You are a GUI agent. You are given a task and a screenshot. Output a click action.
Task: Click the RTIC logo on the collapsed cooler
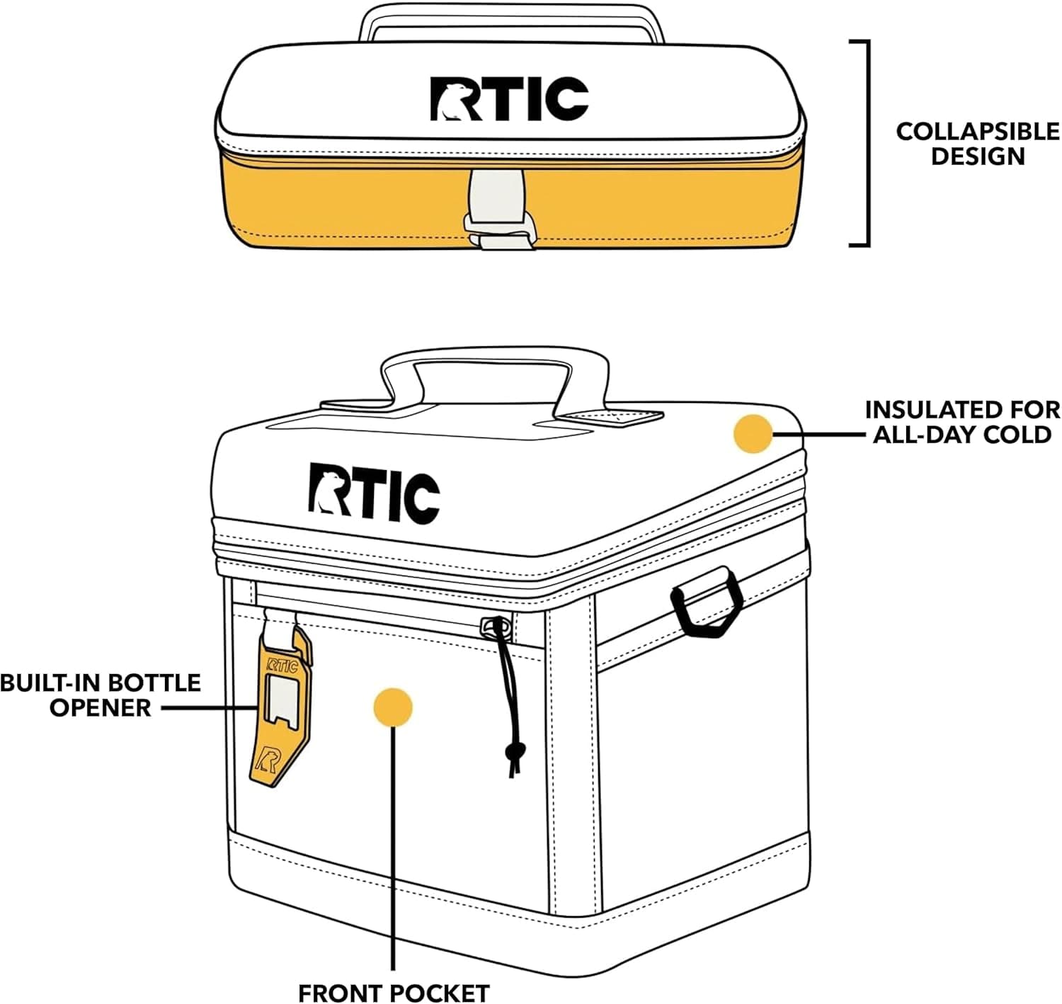coord(509,99)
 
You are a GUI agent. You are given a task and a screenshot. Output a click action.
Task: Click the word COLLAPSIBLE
coord(978,132)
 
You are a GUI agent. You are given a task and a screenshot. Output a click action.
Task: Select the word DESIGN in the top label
coord(978,156)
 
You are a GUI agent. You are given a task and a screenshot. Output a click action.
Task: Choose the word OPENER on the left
coord(100,707)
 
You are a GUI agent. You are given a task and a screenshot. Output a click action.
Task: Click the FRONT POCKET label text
coord(393,993)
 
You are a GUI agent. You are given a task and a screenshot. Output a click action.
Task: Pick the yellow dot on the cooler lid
coord(753,433)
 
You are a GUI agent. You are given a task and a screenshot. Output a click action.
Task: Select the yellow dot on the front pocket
coord(393,707)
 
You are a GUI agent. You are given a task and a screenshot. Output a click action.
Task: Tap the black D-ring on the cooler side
coord(707,600)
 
